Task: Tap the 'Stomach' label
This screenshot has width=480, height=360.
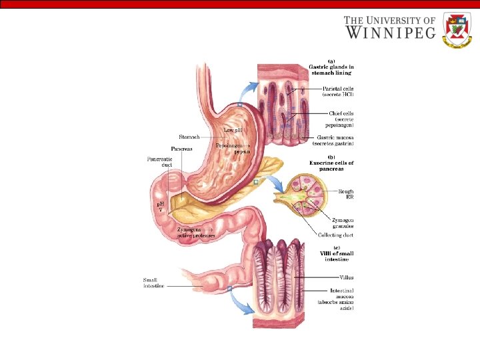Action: click(x=189, y=137)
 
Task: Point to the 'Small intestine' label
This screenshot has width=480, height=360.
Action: click(x=153, y=283)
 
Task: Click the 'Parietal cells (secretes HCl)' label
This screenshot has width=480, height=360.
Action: click(x=338, y=91)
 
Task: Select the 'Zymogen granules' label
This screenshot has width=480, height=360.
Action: click(x=343, y=223)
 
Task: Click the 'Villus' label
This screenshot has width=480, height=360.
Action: click(x=346, y=276)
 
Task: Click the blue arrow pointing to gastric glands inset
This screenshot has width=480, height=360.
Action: click(x=249, y=89)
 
